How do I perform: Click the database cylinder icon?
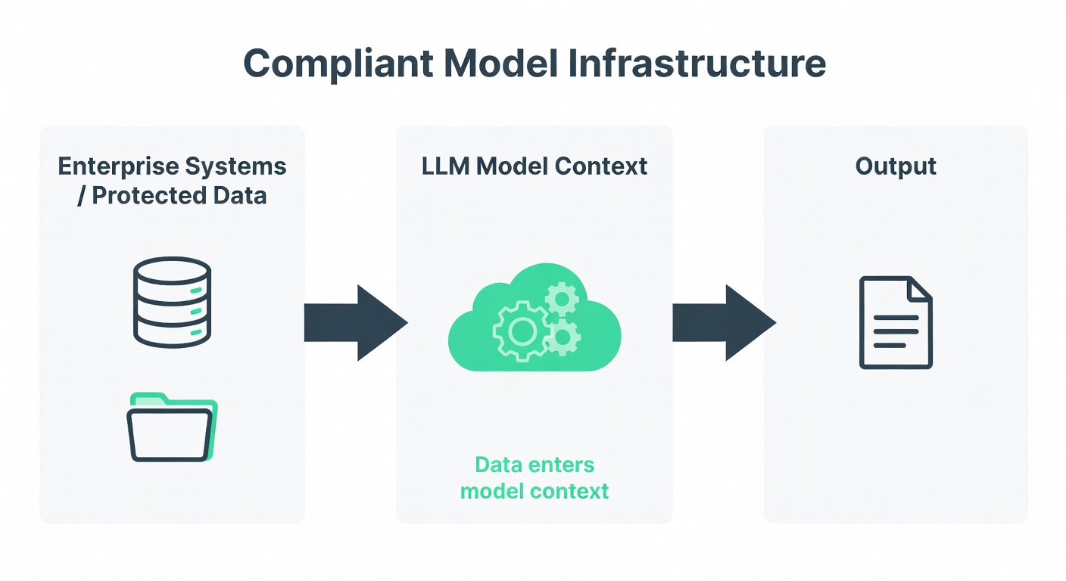(x=172, y=300)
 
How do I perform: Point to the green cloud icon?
(x=535, y=322)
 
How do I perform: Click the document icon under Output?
(x=896, y=322)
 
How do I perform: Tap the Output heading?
(x=896, y=166)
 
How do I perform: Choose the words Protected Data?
(x=179, y=195)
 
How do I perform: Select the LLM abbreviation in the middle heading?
(x=444, y=166)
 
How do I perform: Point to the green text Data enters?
(x=535, y=464)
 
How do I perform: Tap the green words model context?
(x=535, y=491)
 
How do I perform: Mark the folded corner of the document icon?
(x=921, y=288)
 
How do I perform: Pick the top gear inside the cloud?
(x=561, y=299)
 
